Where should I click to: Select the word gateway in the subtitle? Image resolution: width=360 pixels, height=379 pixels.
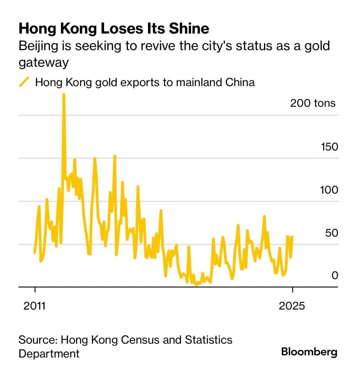pyautogui.click(x=43, y=63)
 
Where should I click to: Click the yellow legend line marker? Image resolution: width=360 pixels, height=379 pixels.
pyautogui.click(x=24, y=82)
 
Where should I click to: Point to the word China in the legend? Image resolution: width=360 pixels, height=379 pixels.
pyautogui.click(x=240, y=82)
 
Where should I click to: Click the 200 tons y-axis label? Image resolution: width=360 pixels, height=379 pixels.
pyautogui.click(x=312, y=103)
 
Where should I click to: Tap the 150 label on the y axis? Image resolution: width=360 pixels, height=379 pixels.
pyautogui.click(x=329, y=147)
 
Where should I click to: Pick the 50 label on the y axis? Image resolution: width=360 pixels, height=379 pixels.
pyautogui.click(x=331, y=233)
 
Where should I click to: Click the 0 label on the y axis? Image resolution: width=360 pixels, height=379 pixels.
pyautogui.click(x=335, y=275)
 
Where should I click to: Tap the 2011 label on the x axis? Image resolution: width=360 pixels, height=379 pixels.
pyautogui.click(x=34, y=306)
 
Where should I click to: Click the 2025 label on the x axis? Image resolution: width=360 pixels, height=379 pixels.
pyautogui.click(x=292, y=306)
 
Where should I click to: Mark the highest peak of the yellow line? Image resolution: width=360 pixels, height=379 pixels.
pyautogui.click(x=64, y=95)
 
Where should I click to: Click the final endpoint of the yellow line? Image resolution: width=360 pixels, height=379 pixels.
pyautogui.click(x=292, y=236)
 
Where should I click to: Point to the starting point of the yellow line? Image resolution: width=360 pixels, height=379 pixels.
pyautogui.click(x=35, y=253)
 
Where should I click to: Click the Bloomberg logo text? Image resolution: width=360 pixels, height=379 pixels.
pyautogui.click(x=309, y=352)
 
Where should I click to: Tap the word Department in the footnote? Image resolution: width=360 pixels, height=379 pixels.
pyautogui.click(x=49, y=353)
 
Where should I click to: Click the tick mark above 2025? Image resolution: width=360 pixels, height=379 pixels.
pyautogui.click(x=292, y=290)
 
